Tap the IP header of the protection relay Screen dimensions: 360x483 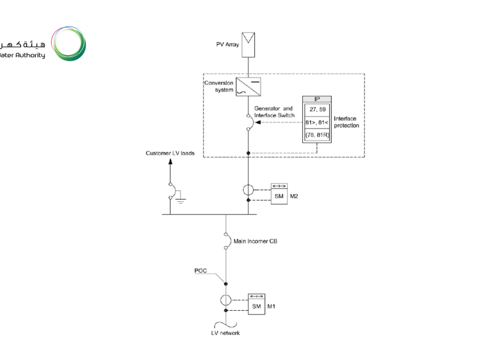(x=317, y=100)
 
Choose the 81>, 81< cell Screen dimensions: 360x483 (x=317, y=123)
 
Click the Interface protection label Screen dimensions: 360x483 (x=346, y=122)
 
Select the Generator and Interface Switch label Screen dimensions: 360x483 (x=274, y=112)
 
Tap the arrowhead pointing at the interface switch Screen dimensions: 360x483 (x=258, y=123)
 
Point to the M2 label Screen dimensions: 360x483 (x=294, y=196)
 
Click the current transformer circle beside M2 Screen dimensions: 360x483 (x=249, y=190)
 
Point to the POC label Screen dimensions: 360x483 (x=201, y=270)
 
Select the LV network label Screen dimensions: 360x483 (x=225, y=333)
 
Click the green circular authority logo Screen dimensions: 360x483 (x=69, y=43)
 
